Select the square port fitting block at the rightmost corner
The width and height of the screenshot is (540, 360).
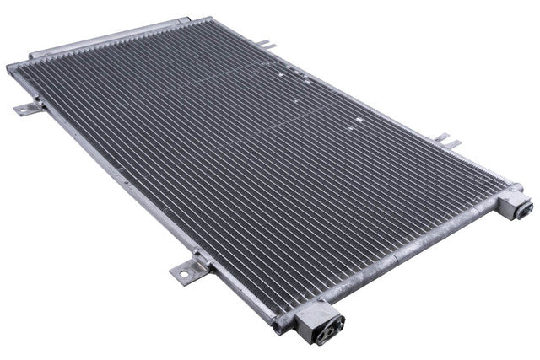(516, 205)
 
